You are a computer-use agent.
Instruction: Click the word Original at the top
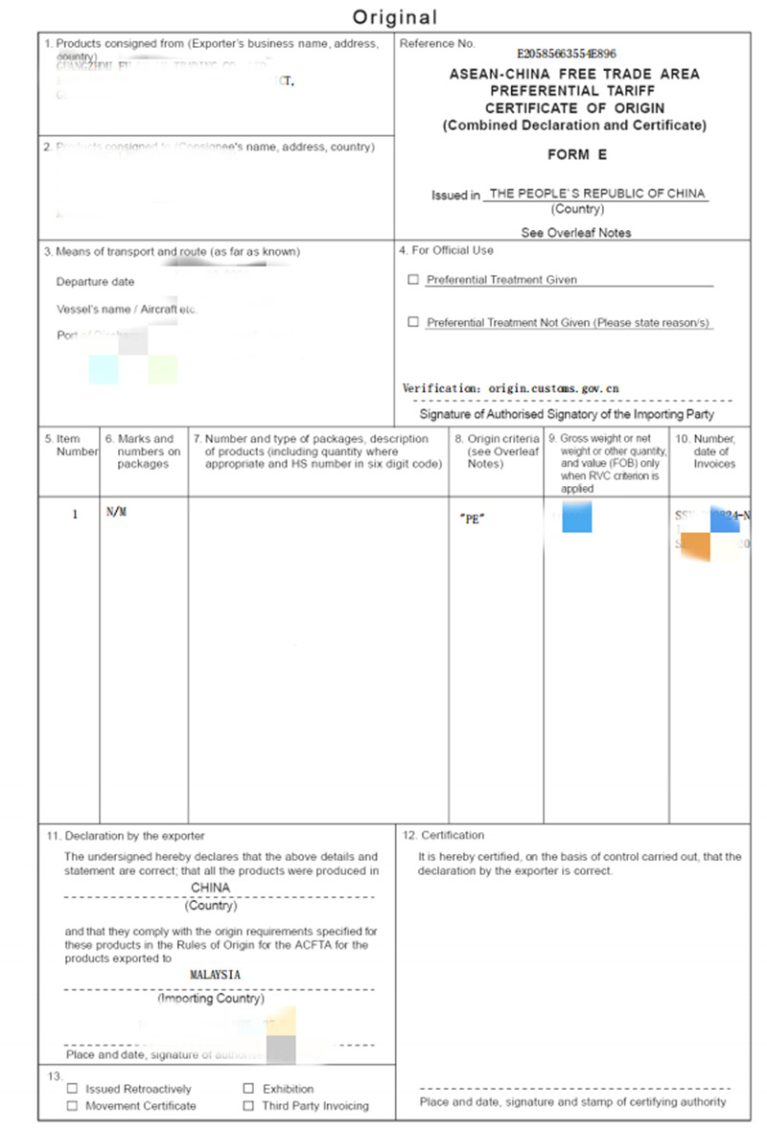pyautogui.click(x=394, y=16)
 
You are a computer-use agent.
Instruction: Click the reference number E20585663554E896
pyautogui.click(x=566, y=55)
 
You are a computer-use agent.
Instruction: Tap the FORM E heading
pyautogui.click(x=577, y=154)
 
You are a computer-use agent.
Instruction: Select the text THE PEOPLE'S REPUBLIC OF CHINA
pyautogui.click(x=595, y=194)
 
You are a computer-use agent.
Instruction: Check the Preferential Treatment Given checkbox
pyautogui.click(x=413, y=280)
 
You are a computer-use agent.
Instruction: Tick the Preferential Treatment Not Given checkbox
pyautogui.click(x=413, y=323)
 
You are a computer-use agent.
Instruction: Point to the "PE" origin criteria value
pyautogui.click(x=472, y=519)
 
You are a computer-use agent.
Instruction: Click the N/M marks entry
pyautogui.click(x=116, y=513)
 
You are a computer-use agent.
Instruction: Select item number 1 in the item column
pyautogui.click(x=75, y=514)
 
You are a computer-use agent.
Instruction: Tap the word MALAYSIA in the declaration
pyautogui.click(x=216, y=974)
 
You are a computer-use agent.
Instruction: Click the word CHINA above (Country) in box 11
pyautogui.click(x=211, y=888)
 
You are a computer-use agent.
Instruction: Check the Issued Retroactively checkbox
pyautogui.click(x=73, y=1089)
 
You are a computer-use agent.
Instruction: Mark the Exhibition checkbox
pyautogui.click(x=248, y=1089)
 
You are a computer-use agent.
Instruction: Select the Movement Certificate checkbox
pyautogui.click(x=73, y=1106)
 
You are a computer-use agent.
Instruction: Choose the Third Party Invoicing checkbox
pyautogui.click(x=248, y=1106)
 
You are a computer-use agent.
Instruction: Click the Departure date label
pyautogui.click(x=96, y=282)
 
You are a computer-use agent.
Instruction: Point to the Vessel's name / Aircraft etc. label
pyautogui.click(x=127, y=310)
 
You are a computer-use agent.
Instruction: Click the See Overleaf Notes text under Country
pyautogui.click(x=576, y=232)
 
